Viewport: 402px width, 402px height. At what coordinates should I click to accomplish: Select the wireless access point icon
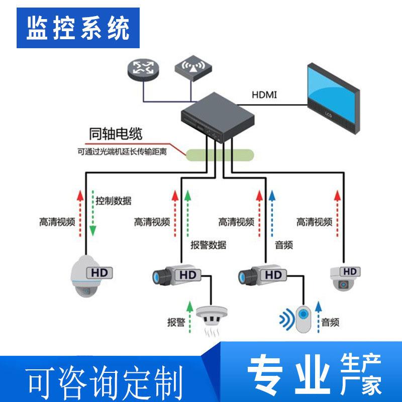point(192,69)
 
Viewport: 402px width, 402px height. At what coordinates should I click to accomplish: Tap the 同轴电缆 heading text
point(115,134)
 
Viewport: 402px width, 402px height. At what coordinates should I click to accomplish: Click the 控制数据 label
point(114,201)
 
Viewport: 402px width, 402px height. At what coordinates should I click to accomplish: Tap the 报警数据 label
point(208,245)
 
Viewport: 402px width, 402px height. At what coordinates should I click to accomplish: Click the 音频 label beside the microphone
point(332,322)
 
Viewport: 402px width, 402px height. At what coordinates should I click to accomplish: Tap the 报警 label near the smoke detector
point(176,322)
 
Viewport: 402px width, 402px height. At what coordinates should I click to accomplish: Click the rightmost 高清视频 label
point(314,222)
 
